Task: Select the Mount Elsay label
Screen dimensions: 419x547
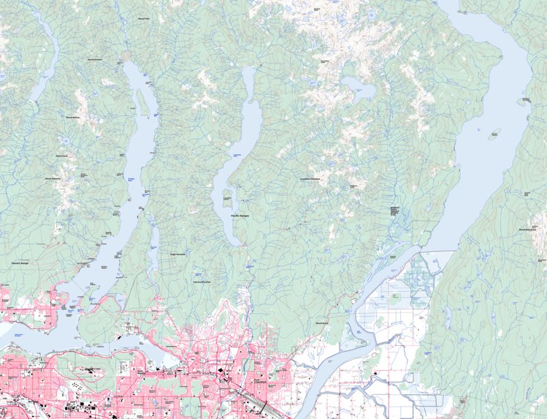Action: click(x=62, y=155)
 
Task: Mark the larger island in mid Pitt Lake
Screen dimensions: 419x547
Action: click(x=495, y=134)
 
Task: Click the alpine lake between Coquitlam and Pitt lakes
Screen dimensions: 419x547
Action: click(x=360, y=90)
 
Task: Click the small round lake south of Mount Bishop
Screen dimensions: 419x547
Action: click(x=66, y=142)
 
